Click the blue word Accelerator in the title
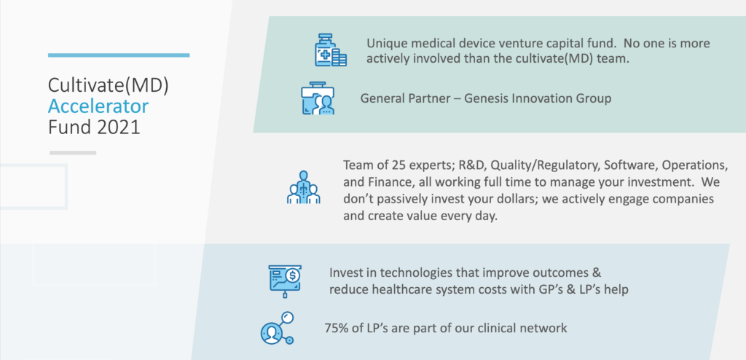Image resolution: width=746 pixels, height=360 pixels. tap(98, 106)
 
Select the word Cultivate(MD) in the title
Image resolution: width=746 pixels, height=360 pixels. tap(109, 86)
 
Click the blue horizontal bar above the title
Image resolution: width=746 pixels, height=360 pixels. tap(119, 55)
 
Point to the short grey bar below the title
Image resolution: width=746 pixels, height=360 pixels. tap(73, 153)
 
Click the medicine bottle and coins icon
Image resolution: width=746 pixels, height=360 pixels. tap(331, 50)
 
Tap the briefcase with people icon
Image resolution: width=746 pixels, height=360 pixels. tap(318, 98)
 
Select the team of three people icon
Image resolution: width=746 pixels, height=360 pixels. tap(304, 187)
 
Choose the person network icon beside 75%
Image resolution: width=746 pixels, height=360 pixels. tap(278, 328)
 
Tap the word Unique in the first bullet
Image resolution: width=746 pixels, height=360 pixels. tap(385, 44)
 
